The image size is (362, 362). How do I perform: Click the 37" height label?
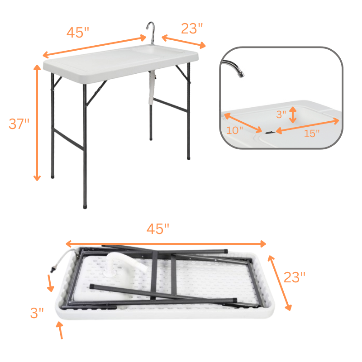pos(19,124)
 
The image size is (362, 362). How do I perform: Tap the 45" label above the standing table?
pos(78,32)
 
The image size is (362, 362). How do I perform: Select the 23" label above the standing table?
pos(192,29)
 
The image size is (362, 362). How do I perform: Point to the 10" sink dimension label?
pos(234,130)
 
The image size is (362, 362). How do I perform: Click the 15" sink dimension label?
pos(312,133)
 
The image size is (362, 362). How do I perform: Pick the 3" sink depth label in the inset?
pos(281,114)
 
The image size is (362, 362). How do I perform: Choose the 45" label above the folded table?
pos(158,229)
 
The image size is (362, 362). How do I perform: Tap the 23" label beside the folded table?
pos(295,277)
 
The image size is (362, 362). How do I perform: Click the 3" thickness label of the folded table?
pos(37,313)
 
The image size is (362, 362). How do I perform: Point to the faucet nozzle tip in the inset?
pos(241,75)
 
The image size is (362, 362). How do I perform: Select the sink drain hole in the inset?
pos(270,132)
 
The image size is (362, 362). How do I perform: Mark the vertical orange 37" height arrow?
pos(37,123)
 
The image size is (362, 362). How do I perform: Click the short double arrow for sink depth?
pos(293,115)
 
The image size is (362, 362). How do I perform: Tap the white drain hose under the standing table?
pos(152,87)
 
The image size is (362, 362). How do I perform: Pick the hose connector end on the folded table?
pos(53,269)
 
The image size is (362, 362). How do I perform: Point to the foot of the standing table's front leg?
pos(85,207)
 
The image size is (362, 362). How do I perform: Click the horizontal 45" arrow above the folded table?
pos(166,244)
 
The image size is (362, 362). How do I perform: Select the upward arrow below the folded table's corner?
pos(60,330)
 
